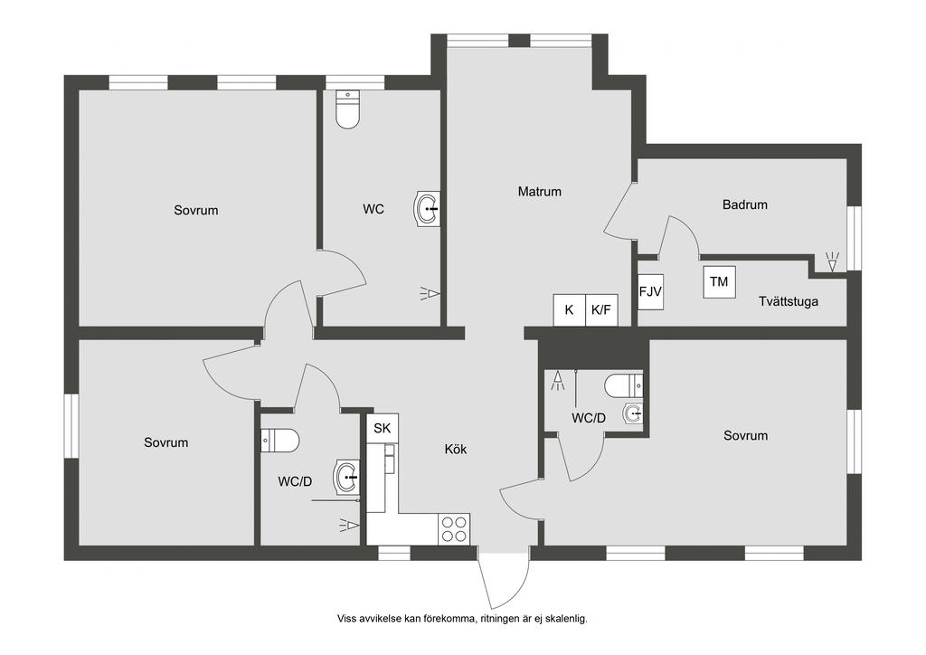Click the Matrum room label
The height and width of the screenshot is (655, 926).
[540, 192]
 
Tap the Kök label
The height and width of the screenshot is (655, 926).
[456, 449]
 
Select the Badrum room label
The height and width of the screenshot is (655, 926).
[745, 204]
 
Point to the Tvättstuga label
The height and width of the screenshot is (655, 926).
[789, 301]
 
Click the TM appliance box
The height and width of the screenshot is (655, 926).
[719, 281]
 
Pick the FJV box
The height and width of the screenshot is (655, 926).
[651, 291]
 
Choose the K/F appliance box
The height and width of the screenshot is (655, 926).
[601, 309]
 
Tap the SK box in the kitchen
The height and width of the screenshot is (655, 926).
[383, 428]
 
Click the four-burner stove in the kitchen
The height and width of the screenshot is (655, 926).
[455, 527]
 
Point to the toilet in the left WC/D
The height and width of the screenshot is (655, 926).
[280, 441]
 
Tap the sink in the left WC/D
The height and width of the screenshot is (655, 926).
[347, 476]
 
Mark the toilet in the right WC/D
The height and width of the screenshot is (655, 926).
[623, 386]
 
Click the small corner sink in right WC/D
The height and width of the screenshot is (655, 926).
[633, 415]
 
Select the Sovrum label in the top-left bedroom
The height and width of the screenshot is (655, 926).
[196, 210]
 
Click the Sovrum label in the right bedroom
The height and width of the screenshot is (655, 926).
[745, 435]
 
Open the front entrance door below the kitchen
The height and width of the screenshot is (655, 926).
[504, 579]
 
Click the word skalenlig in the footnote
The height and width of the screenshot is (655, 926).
[562, 619]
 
